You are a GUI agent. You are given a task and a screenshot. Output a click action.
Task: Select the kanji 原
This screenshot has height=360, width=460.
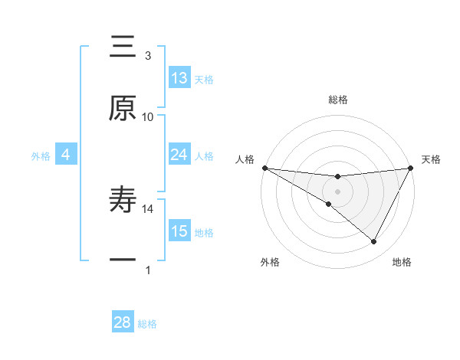[123, 109]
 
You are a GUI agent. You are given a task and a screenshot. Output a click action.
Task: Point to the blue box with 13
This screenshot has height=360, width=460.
[179, 78]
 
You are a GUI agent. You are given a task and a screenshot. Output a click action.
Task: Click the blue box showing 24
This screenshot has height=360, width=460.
[179, 155]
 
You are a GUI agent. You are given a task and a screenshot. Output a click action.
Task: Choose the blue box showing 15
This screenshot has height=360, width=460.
[179, 231]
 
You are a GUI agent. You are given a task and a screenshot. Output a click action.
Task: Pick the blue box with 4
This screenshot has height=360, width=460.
[66, 155]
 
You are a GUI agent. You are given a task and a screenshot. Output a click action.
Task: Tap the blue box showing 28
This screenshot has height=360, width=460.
[123, 322]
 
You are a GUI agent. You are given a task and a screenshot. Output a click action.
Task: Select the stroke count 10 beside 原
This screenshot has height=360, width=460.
[148, 116]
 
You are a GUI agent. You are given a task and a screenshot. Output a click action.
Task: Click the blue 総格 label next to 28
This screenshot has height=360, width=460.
[147, 324]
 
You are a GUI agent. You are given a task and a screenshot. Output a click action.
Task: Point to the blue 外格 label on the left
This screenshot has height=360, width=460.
[41, 156]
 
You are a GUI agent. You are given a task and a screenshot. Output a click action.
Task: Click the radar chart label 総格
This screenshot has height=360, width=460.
[337, 100]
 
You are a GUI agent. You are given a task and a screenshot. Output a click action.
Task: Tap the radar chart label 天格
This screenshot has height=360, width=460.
[431, 159]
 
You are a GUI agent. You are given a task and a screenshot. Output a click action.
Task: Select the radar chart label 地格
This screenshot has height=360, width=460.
[402, 262]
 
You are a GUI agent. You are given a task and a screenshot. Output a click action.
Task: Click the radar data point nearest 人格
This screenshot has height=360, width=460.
[264, 168]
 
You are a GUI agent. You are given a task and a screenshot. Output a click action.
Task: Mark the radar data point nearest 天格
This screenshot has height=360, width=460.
[410, 168]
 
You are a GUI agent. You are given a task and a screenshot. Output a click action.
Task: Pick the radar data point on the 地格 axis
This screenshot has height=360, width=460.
[374, 241]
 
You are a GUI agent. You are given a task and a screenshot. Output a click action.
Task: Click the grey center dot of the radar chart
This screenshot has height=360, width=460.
[337, 191]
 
